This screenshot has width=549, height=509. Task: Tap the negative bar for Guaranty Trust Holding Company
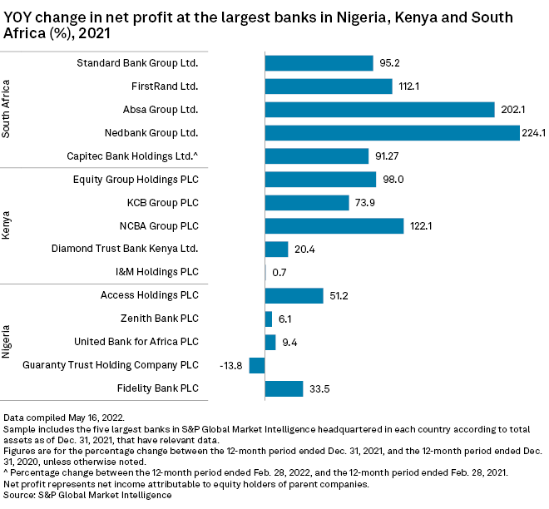(x=257, y=365)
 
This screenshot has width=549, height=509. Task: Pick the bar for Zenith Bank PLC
(x=268, y=319)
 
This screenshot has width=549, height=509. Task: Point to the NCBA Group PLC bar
(x=334, y=225)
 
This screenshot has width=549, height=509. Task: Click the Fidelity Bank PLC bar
(x=284, y=388)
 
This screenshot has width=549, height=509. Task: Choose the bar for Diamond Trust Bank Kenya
(x=276, y=249)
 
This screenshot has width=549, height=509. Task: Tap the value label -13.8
(x=230, y=365)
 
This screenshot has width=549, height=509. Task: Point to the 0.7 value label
(x=278, y=272)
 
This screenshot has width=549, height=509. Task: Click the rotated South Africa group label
(x=7, y=109)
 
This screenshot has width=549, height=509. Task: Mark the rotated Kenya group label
(x=7, y=225)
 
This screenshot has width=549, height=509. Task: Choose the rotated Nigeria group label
(x=7, y=342)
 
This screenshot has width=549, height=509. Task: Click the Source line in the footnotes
(x=87, y=495)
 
